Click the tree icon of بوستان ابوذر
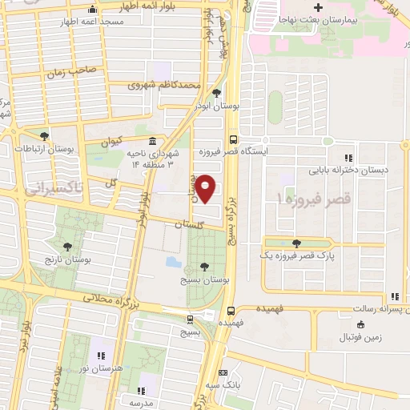tap(217, 92)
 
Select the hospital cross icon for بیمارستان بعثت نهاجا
tap(319, 8)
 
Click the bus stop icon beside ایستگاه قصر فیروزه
tap(232, 137)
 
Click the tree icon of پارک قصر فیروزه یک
tap(297, 243)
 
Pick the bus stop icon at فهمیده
tap(231, 310)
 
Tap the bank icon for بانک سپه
tap(223, 372)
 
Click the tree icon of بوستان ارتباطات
tap(44, 135)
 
